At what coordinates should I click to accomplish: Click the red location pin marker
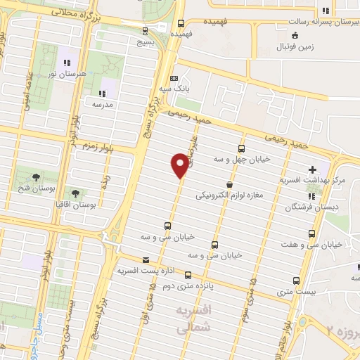pos(180,166)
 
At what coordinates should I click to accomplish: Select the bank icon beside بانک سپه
pos(175,78)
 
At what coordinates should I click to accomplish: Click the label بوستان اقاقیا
pos(75,205)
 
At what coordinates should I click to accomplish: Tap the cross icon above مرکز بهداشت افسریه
pos(312,169)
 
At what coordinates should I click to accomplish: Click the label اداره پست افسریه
pos(146,270)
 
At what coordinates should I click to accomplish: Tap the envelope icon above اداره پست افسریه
pos(145,258)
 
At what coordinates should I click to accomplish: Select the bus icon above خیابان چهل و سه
pos(242,148)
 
